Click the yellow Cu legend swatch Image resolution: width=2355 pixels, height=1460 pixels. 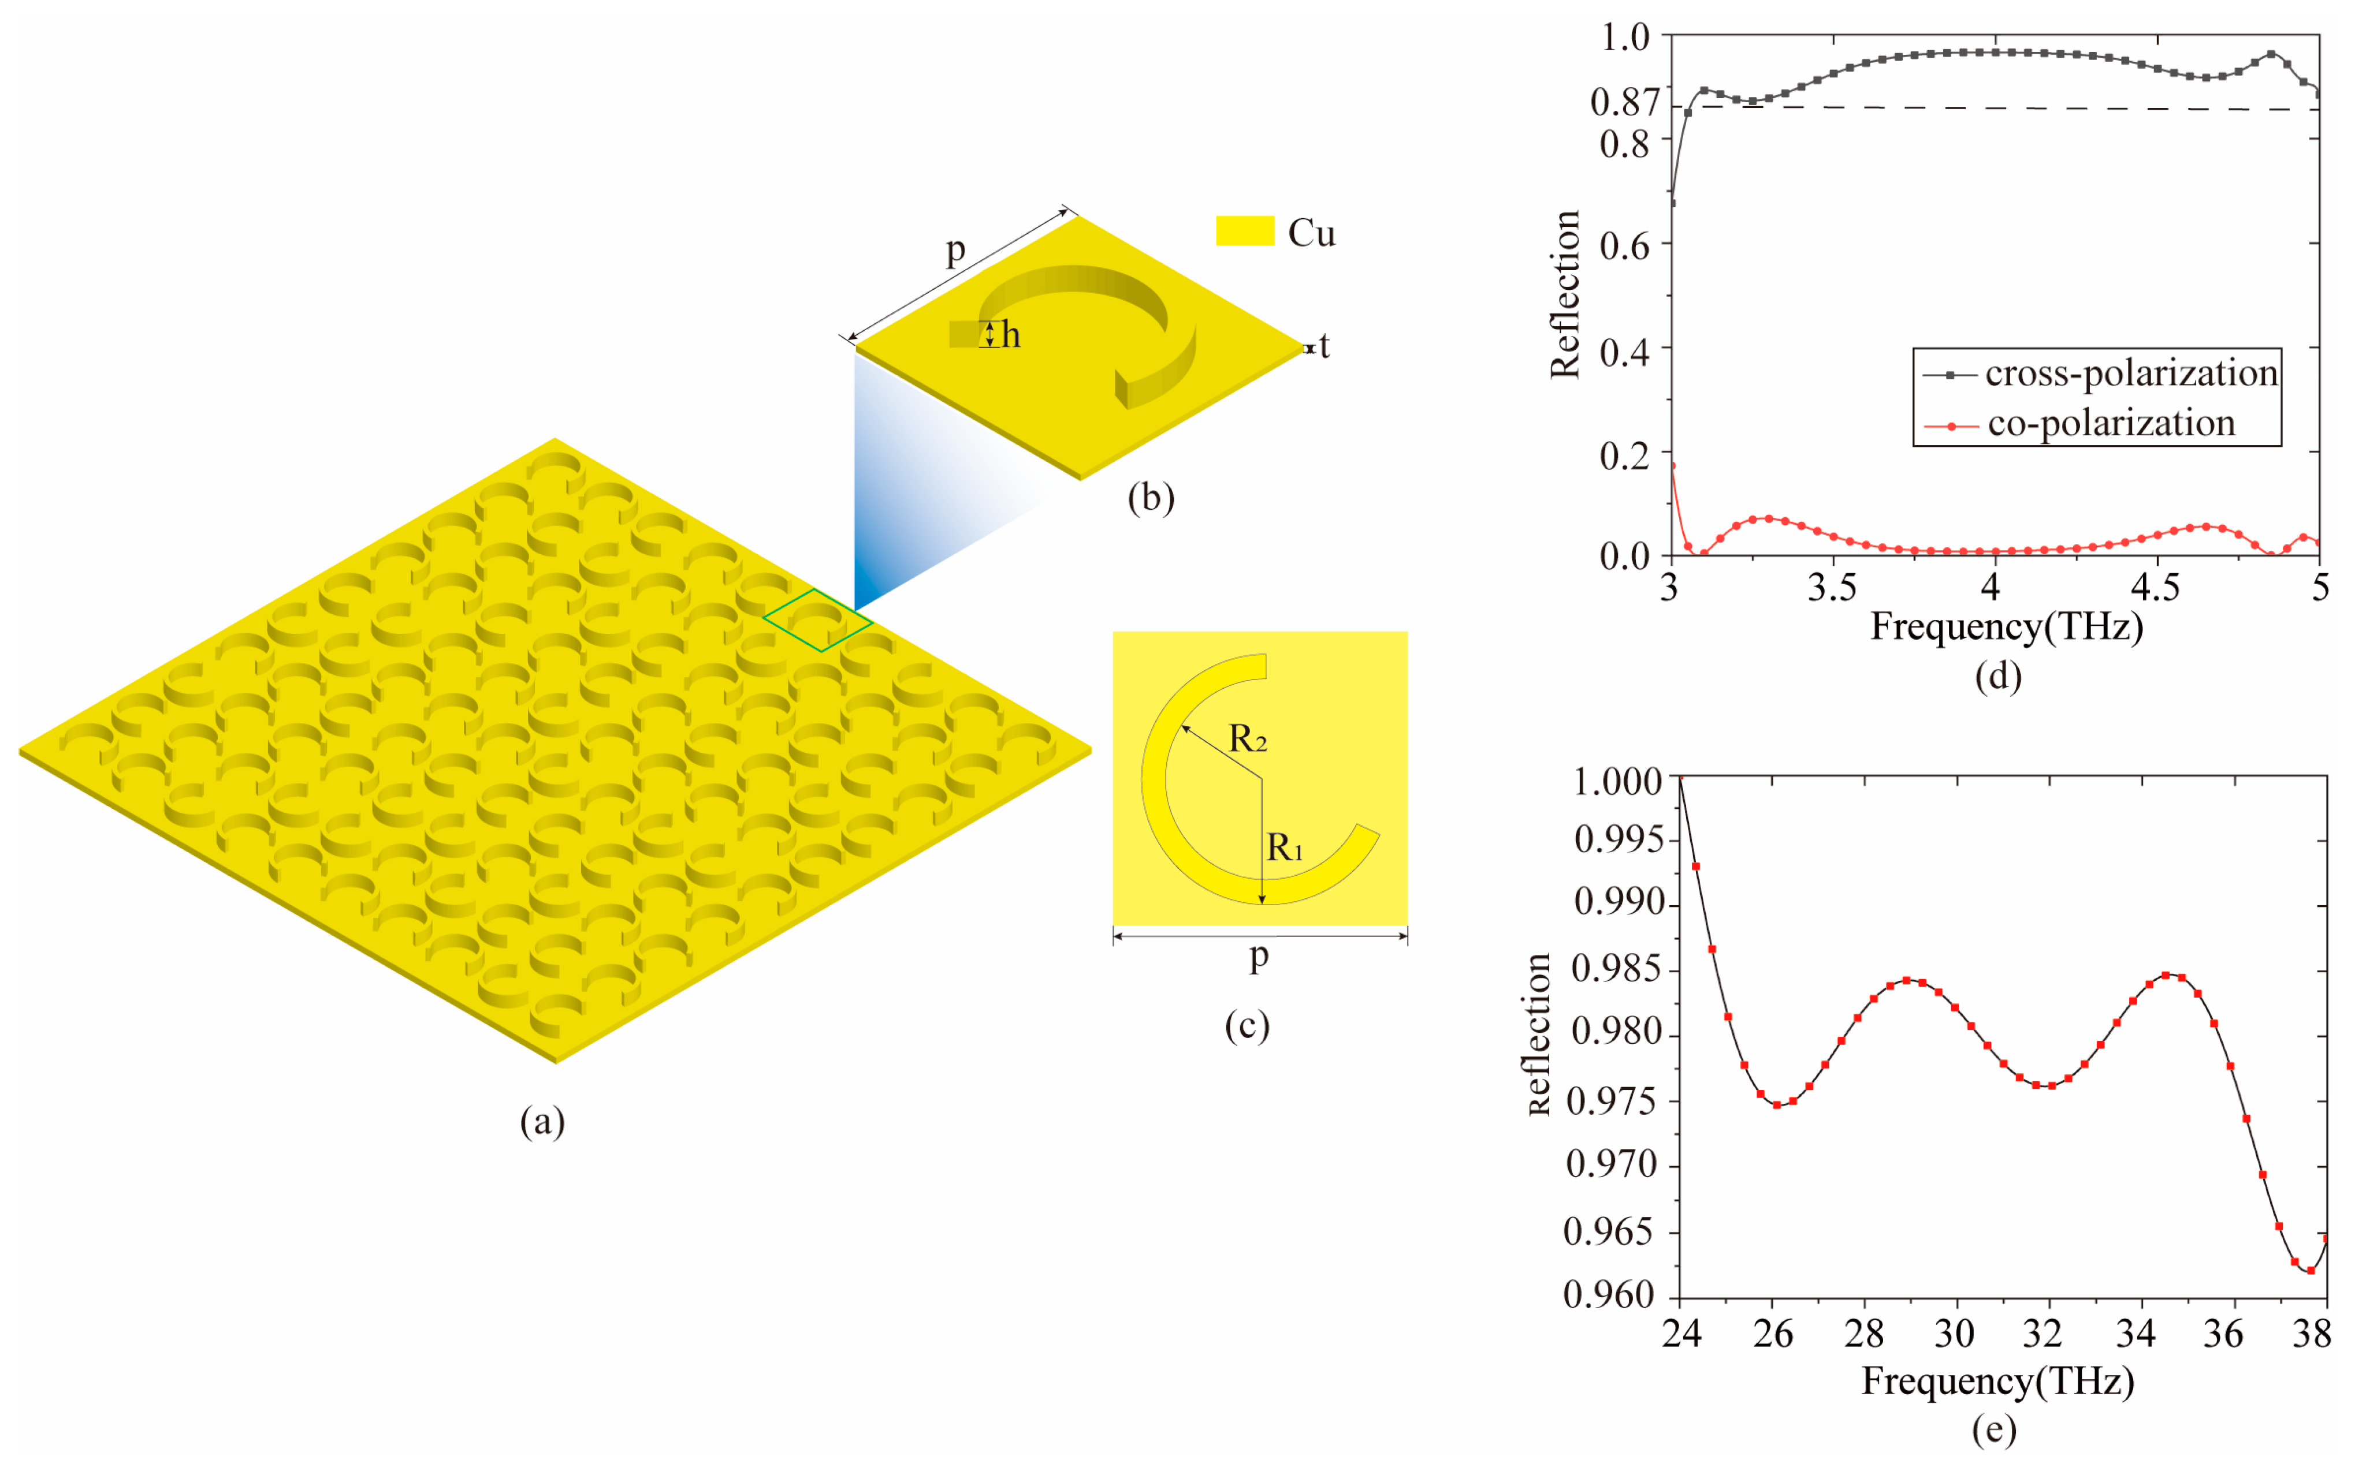pyautogui.click(x=1244, y=231)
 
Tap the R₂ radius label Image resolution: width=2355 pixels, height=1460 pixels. pyautogui.click(x=1247, y=740)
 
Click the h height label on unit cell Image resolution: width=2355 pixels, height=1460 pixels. pyautogui.click(x=1010, y=335)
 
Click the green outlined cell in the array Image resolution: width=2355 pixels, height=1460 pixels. pyautogui.click(x=817, y=620)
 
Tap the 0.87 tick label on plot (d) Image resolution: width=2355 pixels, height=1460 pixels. pyautogui.click(x=1625, y=102)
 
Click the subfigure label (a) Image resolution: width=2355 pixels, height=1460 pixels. pyautogui.click(x=542, y=1121)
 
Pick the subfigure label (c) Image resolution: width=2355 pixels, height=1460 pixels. pyautogui.click(x=1246, y=1025)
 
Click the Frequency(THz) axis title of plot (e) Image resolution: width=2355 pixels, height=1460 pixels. pyautogui.click(x=1997, y=1381)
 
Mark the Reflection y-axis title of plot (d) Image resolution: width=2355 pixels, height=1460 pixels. pyautogui.click(x=1564, y=294)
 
